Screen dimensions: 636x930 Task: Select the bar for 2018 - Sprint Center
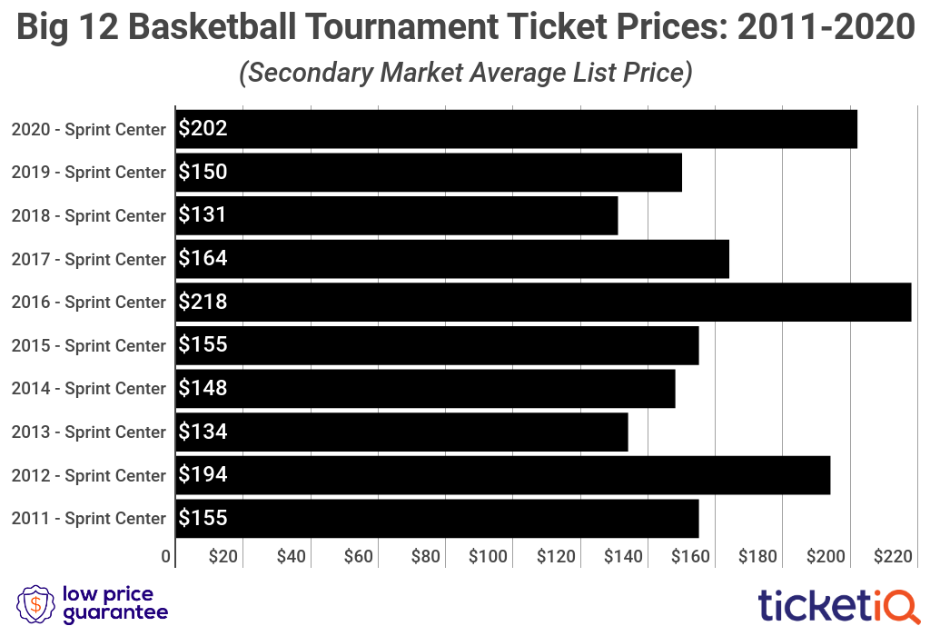397,215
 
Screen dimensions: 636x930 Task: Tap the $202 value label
203,129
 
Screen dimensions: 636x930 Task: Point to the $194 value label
203,475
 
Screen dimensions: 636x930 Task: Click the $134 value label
203,432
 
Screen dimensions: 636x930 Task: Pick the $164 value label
203,259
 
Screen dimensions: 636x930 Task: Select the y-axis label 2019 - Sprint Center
88,173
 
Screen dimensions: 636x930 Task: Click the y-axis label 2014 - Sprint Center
88,389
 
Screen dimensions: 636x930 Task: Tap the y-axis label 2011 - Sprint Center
88,519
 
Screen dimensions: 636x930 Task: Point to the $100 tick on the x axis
488,557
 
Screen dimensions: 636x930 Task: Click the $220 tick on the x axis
892,557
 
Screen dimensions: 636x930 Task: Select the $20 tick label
223,557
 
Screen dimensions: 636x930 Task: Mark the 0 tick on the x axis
167,557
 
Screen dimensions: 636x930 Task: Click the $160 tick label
690,557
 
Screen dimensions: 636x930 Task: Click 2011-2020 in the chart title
825,28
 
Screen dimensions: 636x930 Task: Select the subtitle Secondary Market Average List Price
465,73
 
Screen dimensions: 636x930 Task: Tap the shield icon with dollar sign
35,604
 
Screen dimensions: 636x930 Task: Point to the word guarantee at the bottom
115,614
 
